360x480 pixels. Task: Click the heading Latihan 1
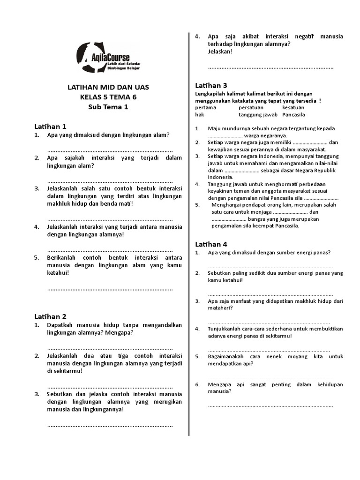(50, 127)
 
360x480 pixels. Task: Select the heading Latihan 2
(50, 316)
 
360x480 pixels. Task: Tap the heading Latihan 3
(211, 85)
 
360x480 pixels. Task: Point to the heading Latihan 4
(211, 244)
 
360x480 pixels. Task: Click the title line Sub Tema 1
(108, 107)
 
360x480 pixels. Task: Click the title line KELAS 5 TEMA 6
(108, 97)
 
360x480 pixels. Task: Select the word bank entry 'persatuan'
(251, 108)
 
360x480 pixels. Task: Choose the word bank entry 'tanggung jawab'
(255, 114)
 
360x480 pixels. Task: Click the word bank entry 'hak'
(199, 114)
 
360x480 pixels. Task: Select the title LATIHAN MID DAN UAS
(108, 87)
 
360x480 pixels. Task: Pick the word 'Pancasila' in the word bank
(293, 114)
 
